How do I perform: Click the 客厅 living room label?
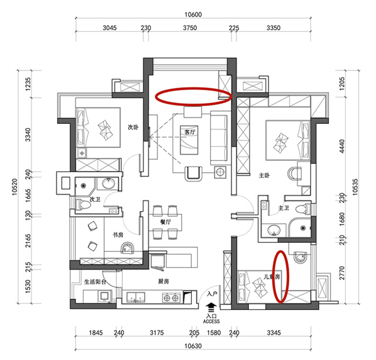pos(189,132)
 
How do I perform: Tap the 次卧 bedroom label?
pos(133,127)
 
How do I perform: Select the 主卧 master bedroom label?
pos(264,176)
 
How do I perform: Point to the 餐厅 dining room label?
pos(166,222)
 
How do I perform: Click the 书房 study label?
pos(118,234)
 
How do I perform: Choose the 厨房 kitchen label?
pos(163,281)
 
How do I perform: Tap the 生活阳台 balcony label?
pos(95,281)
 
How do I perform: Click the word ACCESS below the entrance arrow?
pos(211,321)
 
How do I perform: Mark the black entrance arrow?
pos(211,308)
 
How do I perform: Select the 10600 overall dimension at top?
pos(193,15)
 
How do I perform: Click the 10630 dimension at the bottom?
pos(193,346)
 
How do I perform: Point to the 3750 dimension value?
pos(190,28)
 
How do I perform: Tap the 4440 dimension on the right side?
pos(342,146)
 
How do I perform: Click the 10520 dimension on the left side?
pos(15,187)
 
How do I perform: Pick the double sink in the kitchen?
pos(136,298)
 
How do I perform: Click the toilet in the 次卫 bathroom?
pos(83,205)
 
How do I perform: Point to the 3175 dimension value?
pos(157,333)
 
